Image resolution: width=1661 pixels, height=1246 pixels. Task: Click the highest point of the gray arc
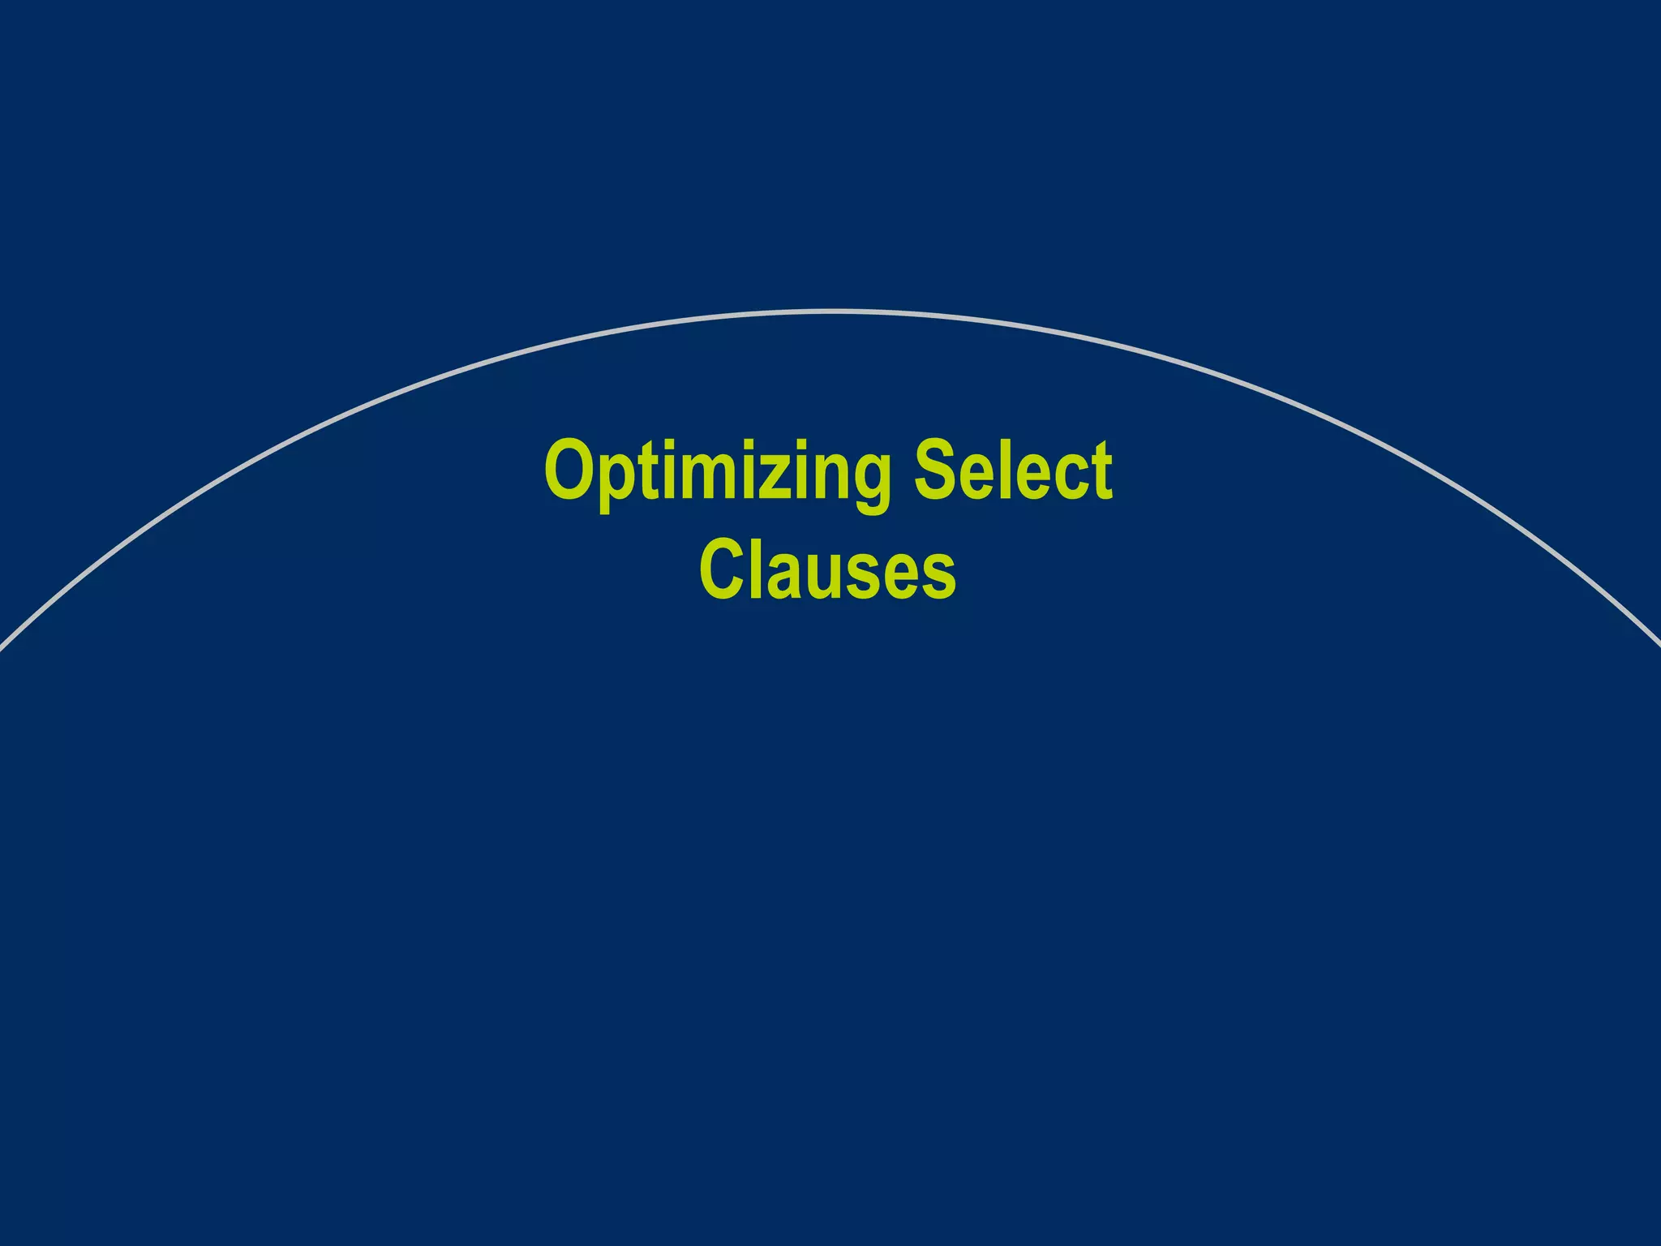click(830, 311)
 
